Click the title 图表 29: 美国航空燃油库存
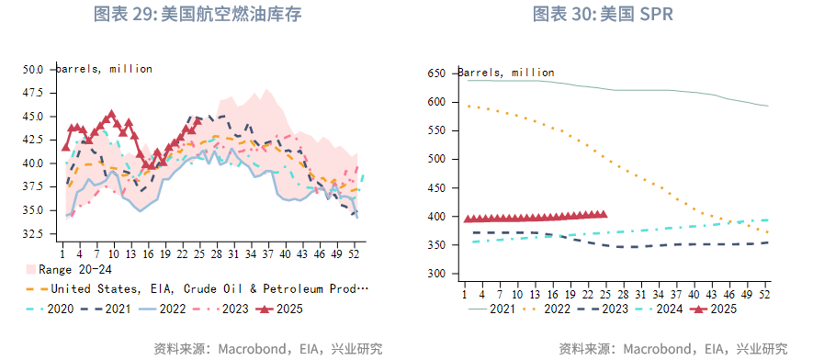point(198,15)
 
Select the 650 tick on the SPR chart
point(436,73)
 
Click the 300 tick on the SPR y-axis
point(436,274)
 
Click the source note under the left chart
point(268,348)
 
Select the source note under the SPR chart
point(673,348)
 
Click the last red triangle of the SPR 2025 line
point(603,214)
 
